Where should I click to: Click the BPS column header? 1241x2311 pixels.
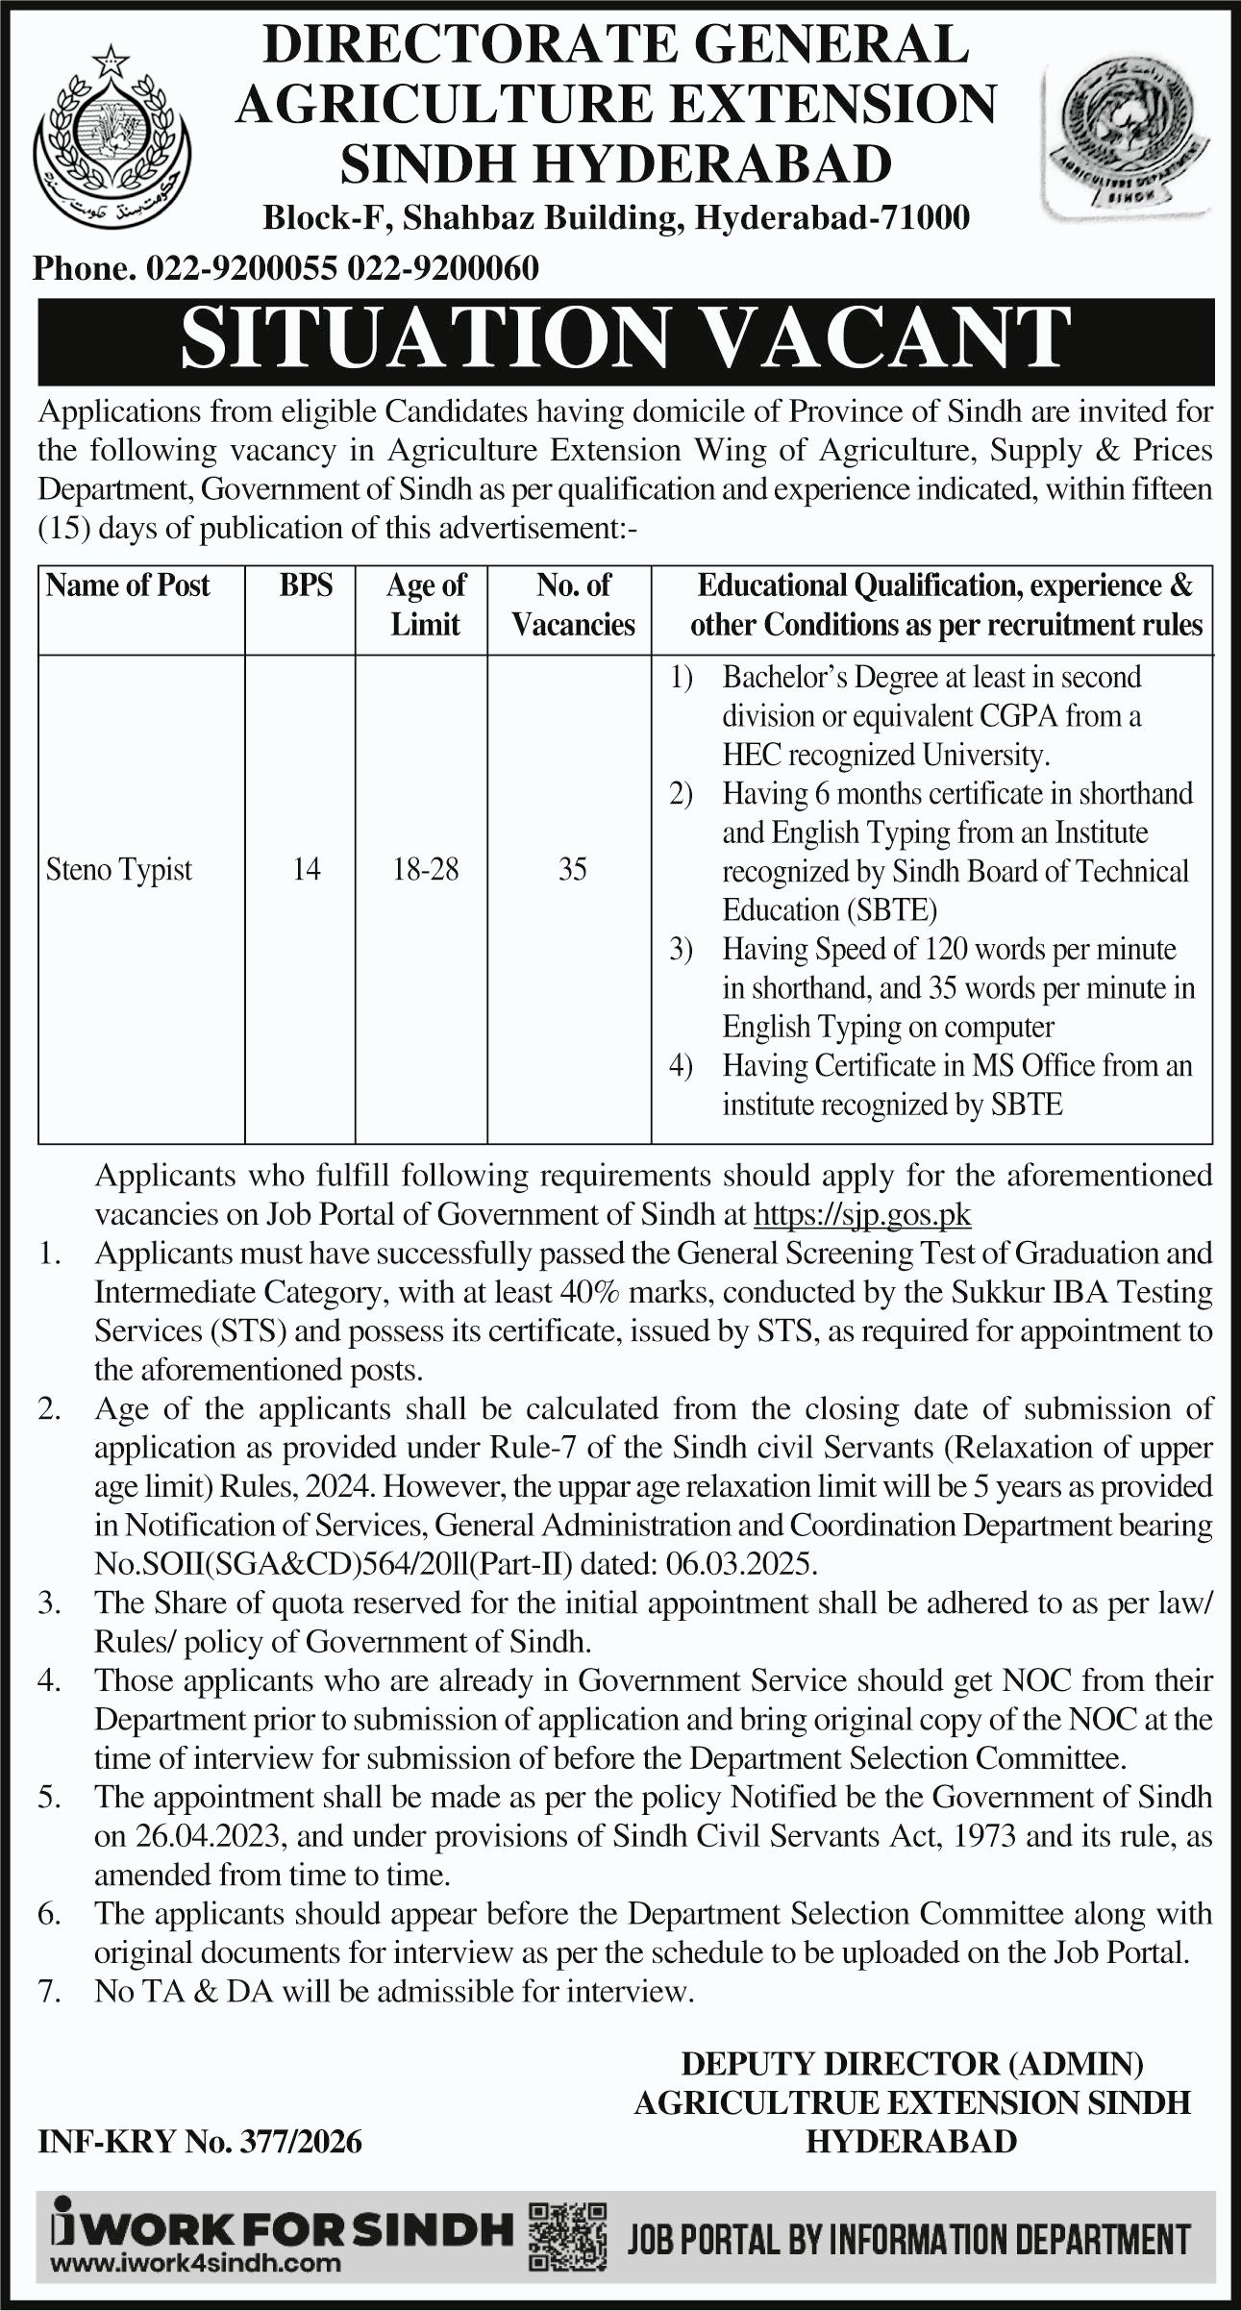tap(306, 585)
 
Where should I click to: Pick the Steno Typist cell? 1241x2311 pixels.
tap(119, 870)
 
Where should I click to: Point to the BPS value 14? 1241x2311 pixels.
tap(306, 870)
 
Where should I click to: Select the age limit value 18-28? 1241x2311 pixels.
tap(425, 870)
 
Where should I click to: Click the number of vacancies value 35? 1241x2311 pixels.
tap(572, 870)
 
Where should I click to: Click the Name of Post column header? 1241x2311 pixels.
tap(128, 585)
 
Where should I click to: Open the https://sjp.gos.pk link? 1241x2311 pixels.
tap(862, 1215)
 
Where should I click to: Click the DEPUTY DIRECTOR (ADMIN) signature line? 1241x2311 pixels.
tap(912, 2062)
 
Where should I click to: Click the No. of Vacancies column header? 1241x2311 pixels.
tap(573, 605)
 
